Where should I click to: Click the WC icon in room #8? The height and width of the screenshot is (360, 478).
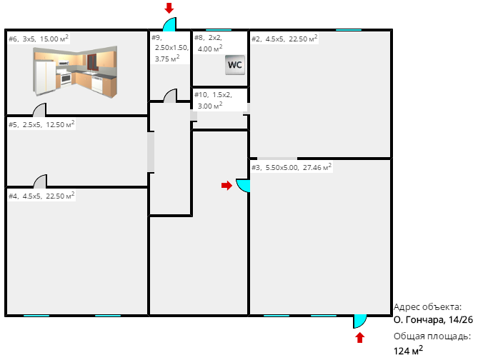235,65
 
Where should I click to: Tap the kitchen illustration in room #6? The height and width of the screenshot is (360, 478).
75,71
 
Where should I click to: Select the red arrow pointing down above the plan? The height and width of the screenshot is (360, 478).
169,9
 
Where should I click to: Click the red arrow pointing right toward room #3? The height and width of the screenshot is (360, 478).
226,185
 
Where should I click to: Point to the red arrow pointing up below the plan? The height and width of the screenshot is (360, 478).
360,338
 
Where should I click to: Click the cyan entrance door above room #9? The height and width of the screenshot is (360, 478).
169,24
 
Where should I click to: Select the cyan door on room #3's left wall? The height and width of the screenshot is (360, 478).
243,186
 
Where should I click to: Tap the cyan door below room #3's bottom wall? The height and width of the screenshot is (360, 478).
359,321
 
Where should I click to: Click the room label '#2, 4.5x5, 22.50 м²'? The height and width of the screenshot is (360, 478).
284,39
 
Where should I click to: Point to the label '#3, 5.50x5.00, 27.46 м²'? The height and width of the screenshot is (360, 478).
292,167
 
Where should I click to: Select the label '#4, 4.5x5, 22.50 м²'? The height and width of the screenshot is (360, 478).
41,196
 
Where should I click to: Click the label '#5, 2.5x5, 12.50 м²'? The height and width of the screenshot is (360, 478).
41,124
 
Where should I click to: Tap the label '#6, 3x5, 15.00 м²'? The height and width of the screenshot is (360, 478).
39,39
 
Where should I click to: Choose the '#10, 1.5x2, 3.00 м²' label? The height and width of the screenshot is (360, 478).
213,100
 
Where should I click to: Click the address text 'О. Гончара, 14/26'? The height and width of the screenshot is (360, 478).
433,320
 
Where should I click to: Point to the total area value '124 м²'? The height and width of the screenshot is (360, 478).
408,351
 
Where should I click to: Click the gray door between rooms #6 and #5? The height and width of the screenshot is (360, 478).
39,110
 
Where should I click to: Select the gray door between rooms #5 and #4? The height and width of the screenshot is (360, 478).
40,181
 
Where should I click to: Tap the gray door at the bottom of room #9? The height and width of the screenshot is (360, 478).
170,96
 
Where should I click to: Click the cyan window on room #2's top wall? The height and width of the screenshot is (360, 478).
349,30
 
